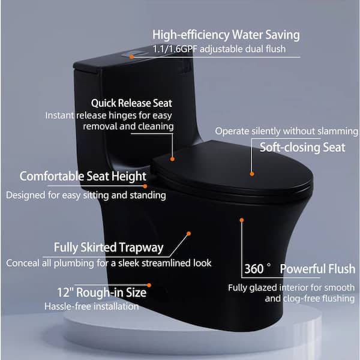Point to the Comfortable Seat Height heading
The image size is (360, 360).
point(83,176)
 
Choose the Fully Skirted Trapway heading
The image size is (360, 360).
point(109,247)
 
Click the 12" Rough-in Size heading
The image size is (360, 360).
point(95,292)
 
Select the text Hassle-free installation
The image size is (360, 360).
point(91,307)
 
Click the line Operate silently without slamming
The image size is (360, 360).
point(286,130)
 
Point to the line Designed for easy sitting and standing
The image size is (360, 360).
point(86,195)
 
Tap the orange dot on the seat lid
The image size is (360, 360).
point(252,174)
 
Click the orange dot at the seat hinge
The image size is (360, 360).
point(172,159)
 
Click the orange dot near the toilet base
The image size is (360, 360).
point(149,286)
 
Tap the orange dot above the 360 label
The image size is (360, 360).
point(242,220)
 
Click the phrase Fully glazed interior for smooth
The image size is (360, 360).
point(283,287)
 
